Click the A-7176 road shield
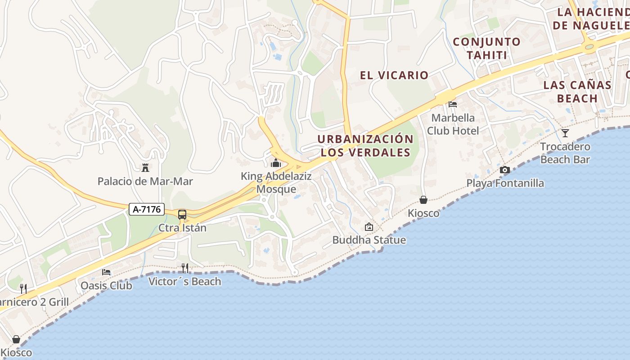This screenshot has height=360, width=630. click(147, 209)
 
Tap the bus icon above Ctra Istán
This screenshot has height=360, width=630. click(182, 215)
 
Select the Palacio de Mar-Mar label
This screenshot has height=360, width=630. click(145, 182)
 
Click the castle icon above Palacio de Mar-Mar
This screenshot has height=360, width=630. click(145, 168)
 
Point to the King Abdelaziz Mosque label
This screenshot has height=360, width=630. click(276, 183)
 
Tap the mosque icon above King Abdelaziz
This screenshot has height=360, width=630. click(276, 163)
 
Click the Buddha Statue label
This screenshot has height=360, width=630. click(369, 240)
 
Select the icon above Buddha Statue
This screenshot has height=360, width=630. click(369, 227)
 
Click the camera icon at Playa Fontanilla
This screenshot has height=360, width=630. click(505, 170)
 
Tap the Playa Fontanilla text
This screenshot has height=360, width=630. click(505, 184)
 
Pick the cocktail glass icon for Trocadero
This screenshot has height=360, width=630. click(565, 133)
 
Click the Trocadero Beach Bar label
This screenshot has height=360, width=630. click(565, 153)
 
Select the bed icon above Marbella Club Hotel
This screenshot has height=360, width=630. click(453, 104)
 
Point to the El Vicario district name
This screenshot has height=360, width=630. click(394, 75)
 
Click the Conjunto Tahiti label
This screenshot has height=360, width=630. click(486, 49)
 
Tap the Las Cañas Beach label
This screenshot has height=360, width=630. click(577, 91)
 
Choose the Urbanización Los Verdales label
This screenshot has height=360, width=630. click(365, 146)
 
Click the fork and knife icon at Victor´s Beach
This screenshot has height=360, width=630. click(184, 268)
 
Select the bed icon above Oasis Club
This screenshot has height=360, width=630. click(106, 272)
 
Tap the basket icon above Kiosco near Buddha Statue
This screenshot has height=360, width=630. click(423, 200)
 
